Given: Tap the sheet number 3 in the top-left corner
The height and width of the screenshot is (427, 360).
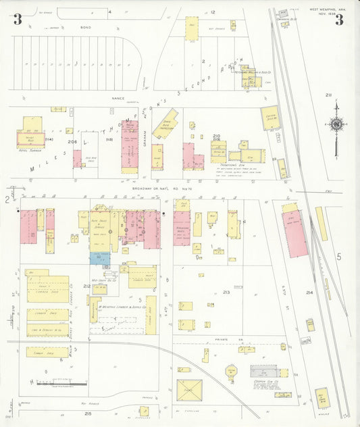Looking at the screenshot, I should coord(17,19).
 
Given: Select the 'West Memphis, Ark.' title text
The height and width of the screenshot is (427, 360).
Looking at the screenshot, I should coord(326,9).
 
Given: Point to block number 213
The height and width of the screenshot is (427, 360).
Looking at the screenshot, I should coord(226,292).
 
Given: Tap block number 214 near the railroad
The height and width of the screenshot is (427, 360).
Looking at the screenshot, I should coord(309,292).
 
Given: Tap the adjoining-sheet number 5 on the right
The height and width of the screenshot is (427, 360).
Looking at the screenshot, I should coord(340,257).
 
